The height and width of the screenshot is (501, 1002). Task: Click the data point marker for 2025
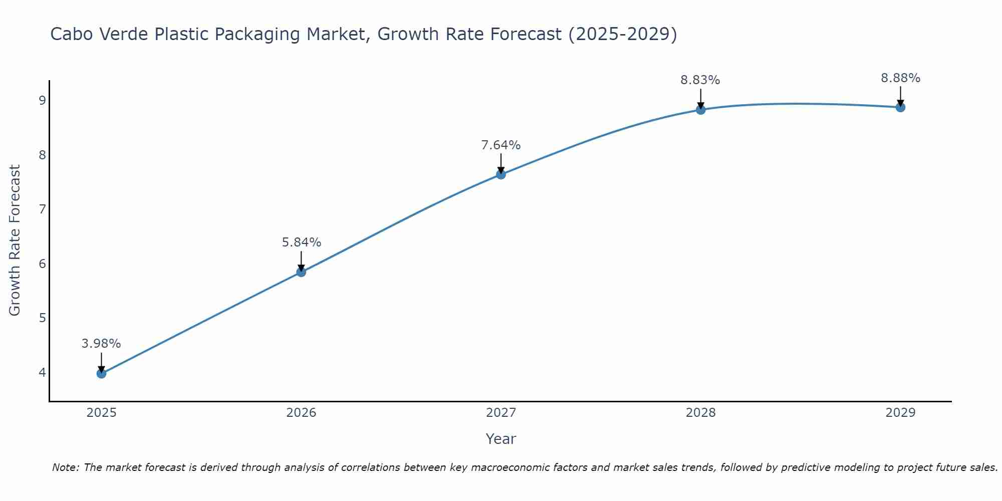pyautogui.click(x=101, y=373)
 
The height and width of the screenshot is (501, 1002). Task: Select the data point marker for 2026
pyautogui.click(x=301, y=272)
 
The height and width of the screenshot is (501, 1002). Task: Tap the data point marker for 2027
pyautogui.click(x=501, y=174)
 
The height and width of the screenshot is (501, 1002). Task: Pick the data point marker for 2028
pyautogui.click(x=700, y=110)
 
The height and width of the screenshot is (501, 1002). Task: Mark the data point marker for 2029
pyautogui.click(x=900, y=107)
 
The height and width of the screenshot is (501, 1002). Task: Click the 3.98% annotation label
pyautogui.click(x=101, y=344)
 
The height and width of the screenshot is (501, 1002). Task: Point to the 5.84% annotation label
pyautogui.click(x=301, y=242)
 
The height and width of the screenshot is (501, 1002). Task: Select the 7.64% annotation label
pyautogui.click(x=501, y=145)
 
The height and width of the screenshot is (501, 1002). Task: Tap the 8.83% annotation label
pyautogui.click(x=700, y=80)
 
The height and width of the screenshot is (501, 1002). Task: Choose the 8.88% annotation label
pyautogui.click(x=900, y=78)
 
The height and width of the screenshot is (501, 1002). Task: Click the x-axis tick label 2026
pyautogui.click(x=301, y=413)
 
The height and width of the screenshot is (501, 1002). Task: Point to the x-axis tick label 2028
pyautogui.click(x=700, y=413)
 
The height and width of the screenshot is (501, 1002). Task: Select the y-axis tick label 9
pyautogui.click(x=42, y=101)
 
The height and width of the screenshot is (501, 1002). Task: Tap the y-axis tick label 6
pyautogui.click(x=42, y=264)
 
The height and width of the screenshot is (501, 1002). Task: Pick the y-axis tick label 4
pyautogui.click(x=42, y=372)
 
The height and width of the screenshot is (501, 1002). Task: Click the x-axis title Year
pyautogui.click(x=500, y=439)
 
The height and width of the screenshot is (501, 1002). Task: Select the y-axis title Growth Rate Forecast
pyautogui.click(x=15, y=240)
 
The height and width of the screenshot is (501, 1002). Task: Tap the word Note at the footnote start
pyautogui.click(x=65, y=467)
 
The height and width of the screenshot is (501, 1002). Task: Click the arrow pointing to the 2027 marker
pyautogui.click(x=501, y=163)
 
